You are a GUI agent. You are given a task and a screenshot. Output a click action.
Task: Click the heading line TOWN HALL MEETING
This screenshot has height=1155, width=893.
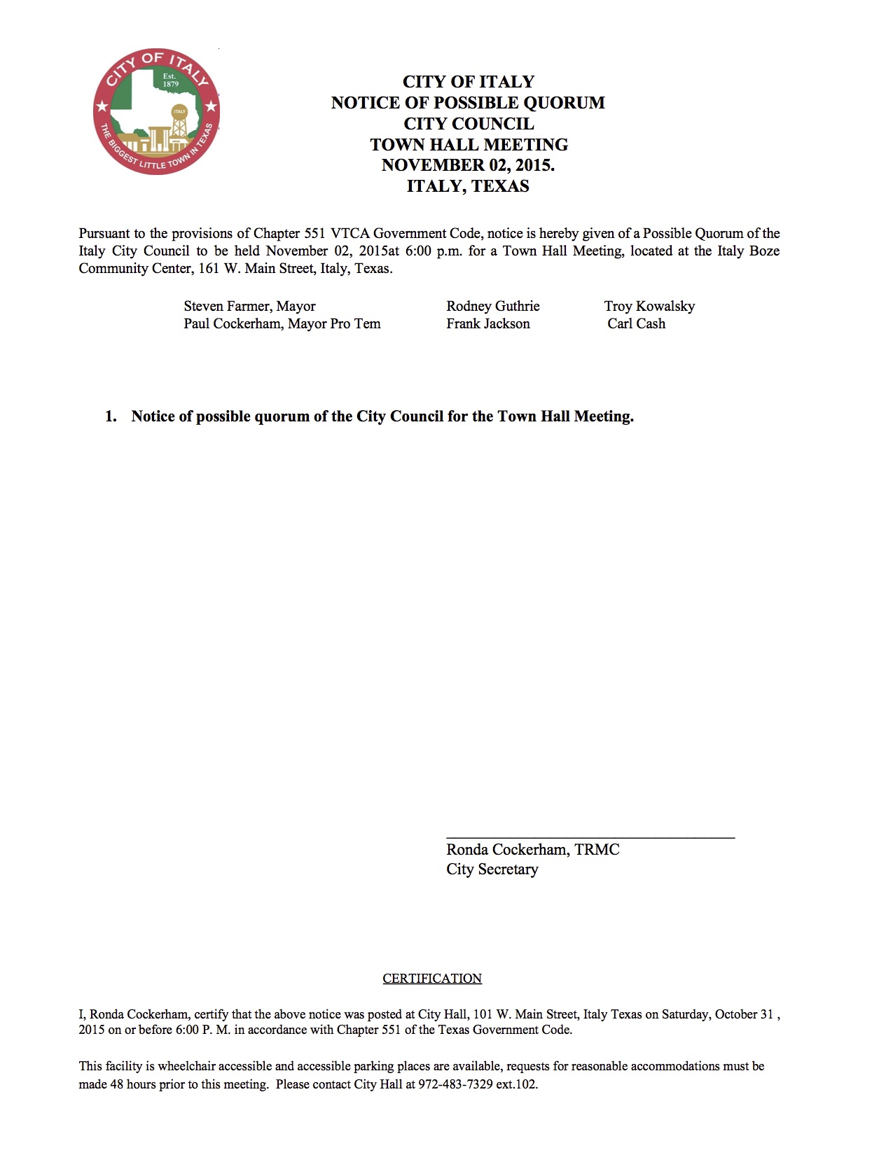(x=469, y=145)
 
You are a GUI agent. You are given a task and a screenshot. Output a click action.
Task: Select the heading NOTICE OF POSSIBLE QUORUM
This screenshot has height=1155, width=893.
(x=468, y=103)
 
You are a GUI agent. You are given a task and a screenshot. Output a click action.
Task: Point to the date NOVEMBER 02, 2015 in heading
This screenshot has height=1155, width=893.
(x=467, y=165)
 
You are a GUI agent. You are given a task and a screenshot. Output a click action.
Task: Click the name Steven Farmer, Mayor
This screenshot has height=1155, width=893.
(x=249, y=306)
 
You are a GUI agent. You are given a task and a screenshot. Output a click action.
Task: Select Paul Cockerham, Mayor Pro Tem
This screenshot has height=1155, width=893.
(x=282, y=323)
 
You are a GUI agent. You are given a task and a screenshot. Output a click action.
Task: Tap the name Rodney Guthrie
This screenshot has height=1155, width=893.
(x=492, y=306)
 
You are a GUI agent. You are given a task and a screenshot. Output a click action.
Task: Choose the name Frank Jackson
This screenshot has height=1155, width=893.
(x=487, y=323)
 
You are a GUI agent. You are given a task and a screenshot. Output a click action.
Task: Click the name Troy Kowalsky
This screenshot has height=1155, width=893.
(x=649, y=306)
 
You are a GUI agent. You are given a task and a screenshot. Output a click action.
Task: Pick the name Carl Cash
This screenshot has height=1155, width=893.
(x=636, y=323)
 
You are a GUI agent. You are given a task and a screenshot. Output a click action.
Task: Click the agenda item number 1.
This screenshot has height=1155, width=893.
(x=111, y=416)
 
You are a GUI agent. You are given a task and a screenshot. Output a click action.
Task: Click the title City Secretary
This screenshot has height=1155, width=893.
(x=492, y=869)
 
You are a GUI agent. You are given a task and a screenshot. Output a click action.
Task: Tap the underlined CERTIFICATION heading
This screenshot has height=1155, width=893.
(x=432, y=979)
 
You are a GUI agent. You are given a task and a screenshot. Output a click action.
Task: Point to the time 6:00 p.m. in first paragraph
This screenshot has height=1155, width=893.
(x=434, y=251)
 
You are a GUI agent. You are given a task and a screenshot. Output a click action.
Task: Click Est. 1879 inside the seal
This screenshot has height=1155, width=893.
(x=170, y=80)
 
